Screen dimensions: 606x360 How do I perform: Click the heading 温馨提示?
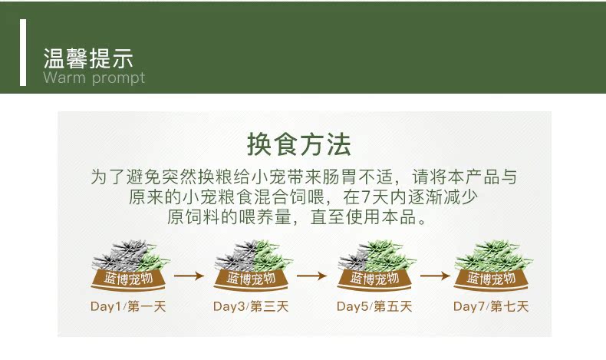(x=88, y=58)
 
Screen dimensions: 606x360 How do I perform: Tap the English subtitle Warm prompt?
(x=94, y=78)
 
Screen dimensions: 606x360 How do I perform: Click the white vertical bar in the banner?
(x=23, y=52)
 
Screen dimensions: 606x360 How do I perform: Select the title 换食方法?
(x=298, y=144)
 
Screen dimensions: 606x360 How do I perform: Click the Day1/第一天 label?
(x=128, y=306)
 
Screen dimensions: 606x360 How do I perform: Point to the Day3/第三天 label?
(x=251, y=306)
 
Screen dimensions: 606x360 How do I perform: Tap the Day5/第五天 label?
(x=374, y=306)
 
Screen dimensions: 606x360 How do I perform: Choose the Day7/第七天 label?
(x=491, y=306)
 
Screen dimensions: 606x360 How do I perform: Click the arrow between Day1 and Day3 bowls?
(x=189, y=276)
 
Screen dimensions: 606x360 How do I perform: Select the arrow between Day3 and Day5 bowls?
(x=312, y=276)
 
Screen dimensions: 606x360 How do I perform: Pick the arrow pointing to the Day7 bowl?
(x=435, y=276)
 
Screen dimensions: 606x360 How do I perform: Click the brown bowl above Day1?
(x=128, y=279)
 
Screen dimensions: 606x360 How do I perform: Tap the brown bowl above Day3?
(x=251, y=279)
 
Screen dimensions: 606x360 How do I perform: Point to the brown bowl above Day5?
(x=374, y=279)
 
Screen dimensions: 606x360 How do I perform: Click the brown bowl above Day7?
(x=491, y=279)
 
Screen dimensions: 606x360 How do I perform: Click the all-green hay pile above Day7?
(x=492, y=256)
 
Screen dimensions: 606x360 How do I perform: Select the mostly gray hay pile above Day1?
(x=130, y=255)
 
